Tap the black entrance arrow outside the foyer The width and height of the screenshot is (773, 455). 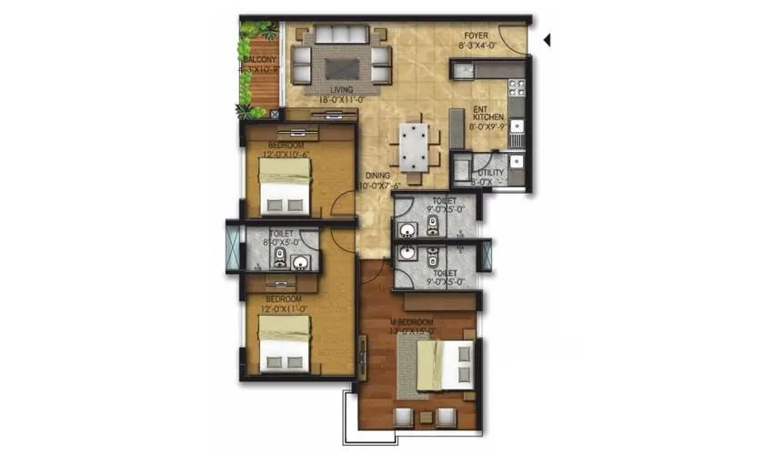click(x=547, y=40)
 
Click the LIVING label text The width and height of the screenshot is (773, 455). click(x=341, y=90)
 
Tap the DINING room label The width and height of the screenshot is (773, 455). click(x=378, y=175)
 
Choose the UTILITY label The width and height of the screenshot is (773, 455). click(x=491, y=173)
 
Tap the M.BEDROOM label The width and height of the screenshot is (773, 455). click(x=412, y=323)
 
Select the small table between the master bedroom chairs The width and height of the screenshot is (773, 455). click(x=425, y=418)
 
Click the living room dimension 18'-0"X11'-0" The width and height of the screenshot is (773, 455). click(x=341, y=100)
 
